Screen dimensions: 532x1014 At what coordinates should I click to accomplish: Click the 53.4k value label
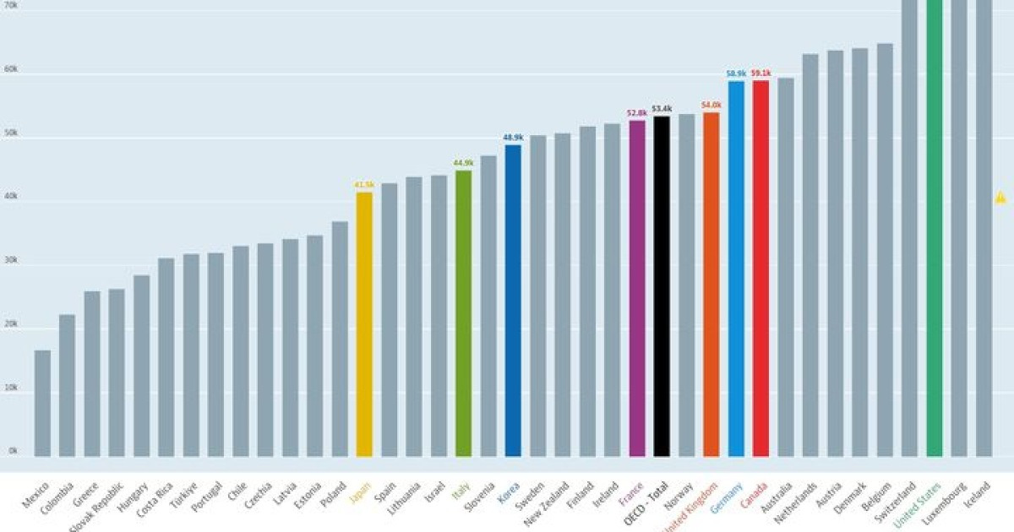click(x=662, y=109)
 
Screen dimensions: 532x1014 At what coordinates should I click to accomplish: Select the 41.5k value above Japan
click(x=364, y=185)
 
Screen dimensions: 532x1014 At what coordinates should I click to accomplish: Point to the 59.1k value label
click(x=760, y=73)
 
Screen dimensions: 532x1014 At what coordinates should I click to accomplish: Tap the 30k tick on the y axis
click(x=11, y=262)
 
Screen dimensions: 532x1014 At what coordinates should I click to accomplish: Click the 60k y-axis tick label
click(x=11, y=70)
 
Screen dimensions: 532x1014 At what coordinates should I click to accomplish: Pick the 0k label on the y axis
click(x=13, y=451)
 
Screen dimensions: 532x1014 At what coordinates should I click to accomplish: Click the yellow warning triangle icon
click(x=1000, y=198)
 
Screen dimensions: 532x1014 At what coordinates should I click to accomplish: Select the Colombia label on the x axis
click(x=62, y=499)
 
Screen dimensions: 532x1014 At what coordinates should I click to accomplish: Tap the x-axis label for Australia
click(x=779, y=497)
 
